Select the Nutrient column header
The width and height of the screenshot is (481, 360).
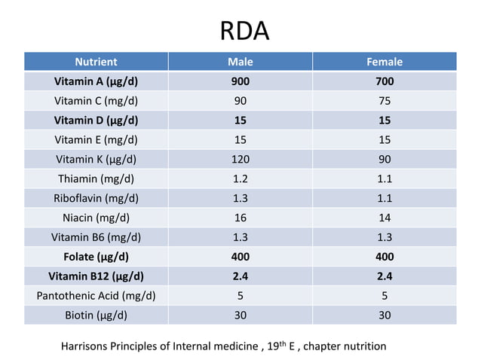pyautogui.click(x=96, y=62)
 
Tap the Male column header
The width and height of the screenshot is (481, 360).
pyautogui.click(x=240, y=62)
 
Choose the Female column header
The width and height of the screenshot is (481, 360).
pyautogui.click(x=384, y=62)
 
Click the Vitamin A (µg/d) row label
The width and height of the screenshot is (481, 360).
pyautogui.click(x=96, y=81)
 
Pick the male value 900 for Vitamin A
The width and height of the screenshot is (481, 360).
pyautogui.click(x=240, y=81)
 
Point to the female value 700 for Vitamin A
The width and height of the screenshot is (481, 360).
pyautogui.click(x=384, y=81)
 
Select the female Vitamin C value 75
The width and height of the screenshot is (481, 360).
pyautogui.click(x=384, y=101)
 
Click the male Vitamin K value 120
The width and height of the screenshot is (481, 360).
pyautogui.click(x=240, y=159)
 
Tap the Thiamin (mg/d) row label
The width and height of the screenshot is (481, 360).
pyautogui.click(x=96, y=178)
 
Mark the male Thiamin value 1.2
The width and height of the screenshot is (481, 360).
pyautogui.click(x=240, y=178)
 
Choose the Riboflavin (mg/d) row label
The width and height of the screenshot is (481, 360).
pyautogui.click(x=96, y=198)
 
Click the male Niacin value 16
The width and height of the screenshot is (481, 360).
pyautogui.click(x=240, y=218)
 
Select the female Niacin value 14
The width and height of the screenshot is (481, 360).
pyautogui.click(x=384, y=218)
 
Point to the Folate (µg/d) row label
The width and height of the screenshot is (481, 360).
pyautogui.click(x=96, y=257)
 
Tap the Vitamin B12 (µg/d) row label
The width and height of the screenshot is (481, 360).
pyautogui.click(x=96, y=276)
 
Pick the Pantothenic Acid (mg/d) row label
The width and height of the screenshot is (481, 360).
pyautogui.click(x=96, y=295)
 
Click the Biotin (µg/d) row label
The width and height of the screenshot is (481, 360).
pyautogui.click(x=96, y=315)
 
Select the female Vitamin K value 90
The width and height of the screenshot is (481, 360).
pyautogui.click(x=384, y=159)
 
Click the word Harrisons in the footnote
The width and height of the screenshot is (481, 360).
pyautogui.click(x=87, y=346)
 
